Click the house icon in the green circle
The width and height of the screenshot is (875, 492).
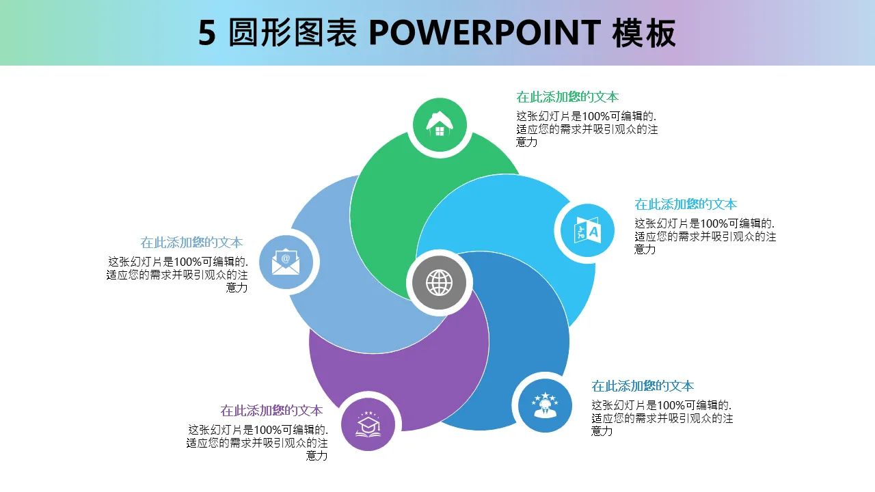click(440, 125)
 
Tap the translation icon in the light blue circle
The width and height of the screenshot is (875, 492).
click(587, 230)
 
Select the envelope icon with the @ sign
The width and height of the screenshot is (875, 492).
click(286, 263)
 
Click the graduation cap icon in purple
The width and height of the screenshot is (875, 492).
click(368, 424)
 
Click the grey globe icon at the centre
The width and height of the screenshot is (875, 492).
click(440, 282)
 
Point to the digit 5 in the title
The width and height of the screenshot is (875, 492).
click(206, 33)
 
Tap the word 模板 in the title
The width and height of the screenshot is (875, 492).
click(644, 33)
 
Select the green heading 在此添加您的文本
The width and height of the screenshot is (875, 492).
click(567, 97)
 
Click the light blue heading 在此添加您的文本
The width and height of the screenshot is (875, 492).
click(686, 204)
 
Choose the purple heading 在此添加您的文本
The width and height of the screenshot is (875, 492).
click(271, 411)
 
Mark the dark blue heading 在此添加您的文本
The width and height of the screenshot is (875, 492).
click(643, 386)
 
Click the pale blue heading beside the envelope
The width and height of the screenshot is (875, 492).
click(191, 243)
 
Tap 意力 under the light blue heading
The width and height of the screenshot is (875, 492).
click(645, 249)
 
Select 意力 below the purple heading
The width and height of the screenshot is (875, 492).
click(317, 456)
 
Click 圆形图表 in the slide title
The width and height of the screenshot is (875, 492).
click(293, 33)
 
